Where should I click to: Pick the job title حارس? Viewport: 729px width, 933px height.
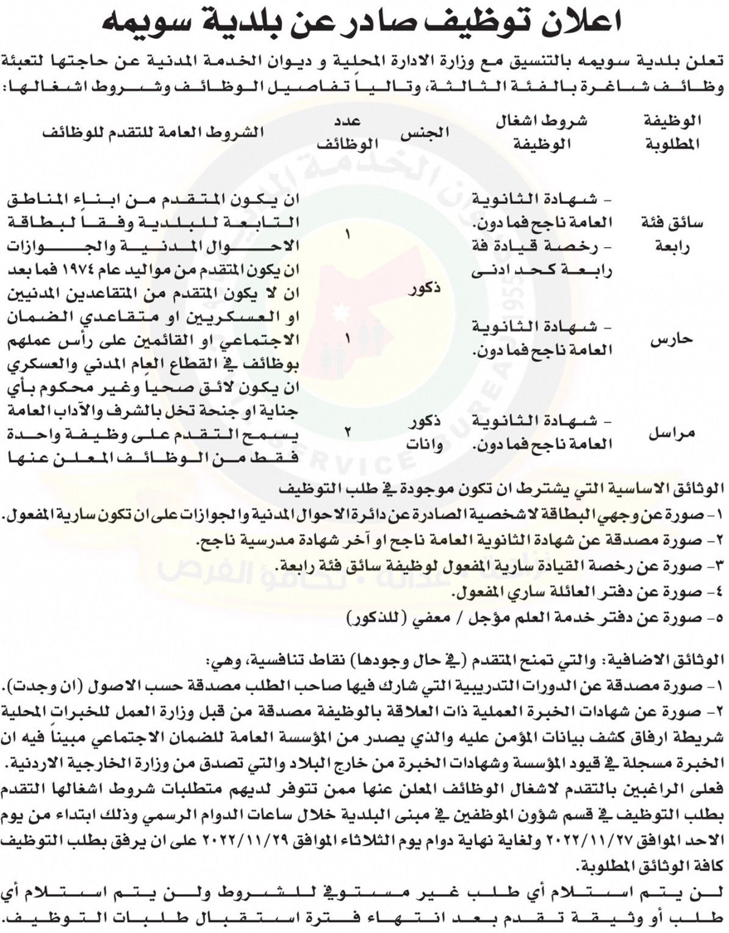(672, 339)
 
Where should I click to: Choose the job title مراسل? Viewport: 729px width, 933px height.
(671, 434)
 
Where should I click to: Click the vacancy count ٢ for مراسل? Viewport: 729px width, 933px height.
(348, 433)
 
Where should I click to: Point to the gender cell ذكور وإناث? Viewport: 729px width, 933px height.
(426, 434)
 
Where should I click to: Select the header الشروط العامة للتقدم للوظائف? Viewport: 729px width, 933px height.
(153, 132)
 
